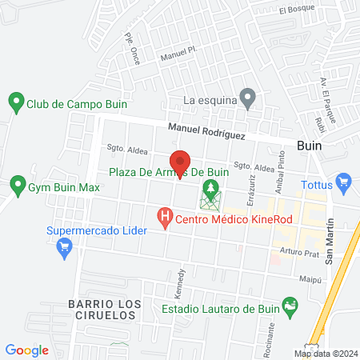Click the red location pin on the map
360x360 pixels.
pyautogui.click(x=181, y=163)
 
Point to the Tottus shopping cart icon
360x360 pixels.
pyautogui.click(x=345, y=182)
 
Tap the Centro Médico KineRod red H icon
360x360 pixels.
pyautogui.click(x=165, y=217)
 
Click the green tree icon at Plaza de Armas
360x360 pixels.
pyautogui.click(x=210, y=191)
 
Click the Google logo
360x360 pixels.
pyautogui.click(x=27, y=350)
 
